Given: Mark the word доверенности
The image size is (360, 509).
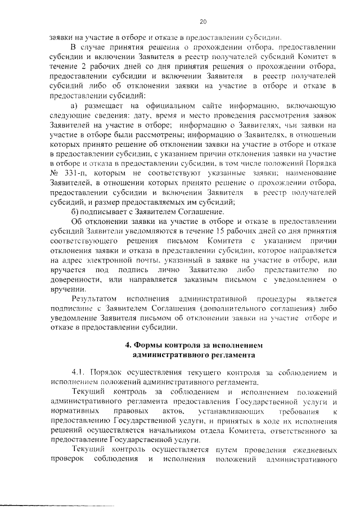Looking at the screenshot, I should click(x=75, y=280).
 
